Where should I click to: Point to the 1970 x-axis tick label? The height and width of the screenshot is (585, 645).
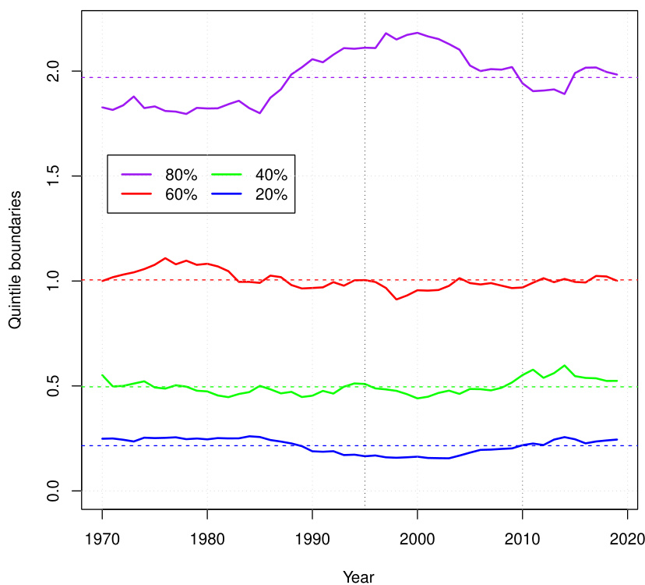point(102,537)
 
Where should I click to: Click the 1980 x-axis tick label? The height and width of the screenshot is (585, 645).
point(207,537)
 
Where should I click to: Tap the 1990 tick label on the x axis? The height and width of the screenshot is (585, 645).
point(312,537)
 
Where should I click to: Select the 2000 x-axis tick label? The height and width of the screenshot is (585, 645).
point(418,537)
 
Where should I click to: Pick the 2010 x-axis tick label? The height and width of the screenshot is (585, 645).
point(522,537)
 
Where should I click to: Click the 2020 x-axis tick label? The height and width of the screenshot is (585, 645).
point(627,537)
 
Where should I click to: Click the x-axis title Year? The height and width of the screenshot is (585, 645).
point(358,576)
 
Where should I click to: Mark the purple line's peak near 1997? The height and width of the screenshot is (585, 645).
point(386,34)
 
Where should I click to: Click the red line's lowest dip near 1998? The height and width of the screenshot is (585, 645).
point(397,299)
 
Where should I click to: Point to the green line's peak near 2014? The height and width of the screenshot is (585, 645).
point(564,365)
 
